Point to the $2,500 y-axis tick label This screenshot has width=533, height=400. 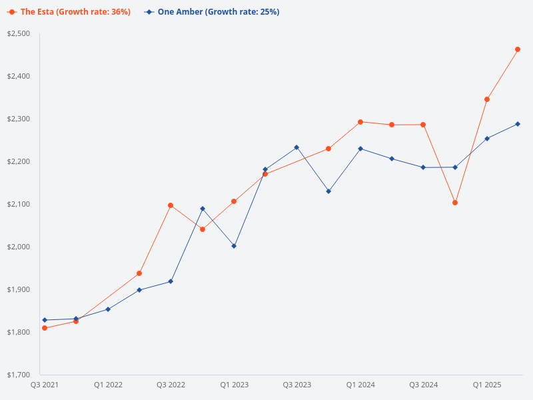point(19,33)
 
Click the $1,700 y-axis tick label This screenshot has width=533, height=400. point(19,375)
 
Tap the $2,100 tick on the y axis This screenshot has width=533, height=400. point(19,204)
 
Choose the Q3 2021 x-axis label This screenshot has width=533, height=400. point(45,385)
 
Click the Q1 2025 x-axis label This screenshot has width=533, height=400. point(487,385)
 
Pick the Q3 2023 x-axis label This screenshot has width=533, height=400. point(296,385)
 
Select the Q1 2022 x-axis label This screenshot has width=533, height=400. point(108,385)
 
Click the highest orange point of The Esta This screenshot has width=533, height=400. point(518,49)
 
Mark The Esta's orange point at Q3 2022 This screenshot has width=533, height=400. point(171,205)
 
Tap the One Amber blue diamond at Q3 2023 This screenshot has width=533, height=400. point(296,147)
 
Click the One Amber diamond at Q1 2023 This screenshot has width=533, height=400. point(234,246)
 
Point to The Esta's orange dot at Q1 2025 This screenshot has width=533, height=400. point(487,99)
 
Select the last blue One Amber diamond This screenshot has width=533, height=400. point(518,124)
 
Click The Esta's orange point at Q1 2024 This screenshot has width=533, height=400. point(360,122)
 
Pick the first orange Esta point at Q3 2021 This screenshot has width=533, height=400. point(45,328)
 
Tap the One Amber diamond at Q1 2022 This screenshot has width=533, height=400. point(108,309)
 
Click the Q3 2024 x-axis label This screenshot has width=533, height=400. point(423,385)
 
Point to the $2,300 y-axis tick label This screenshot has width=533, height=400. point(19,119)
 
